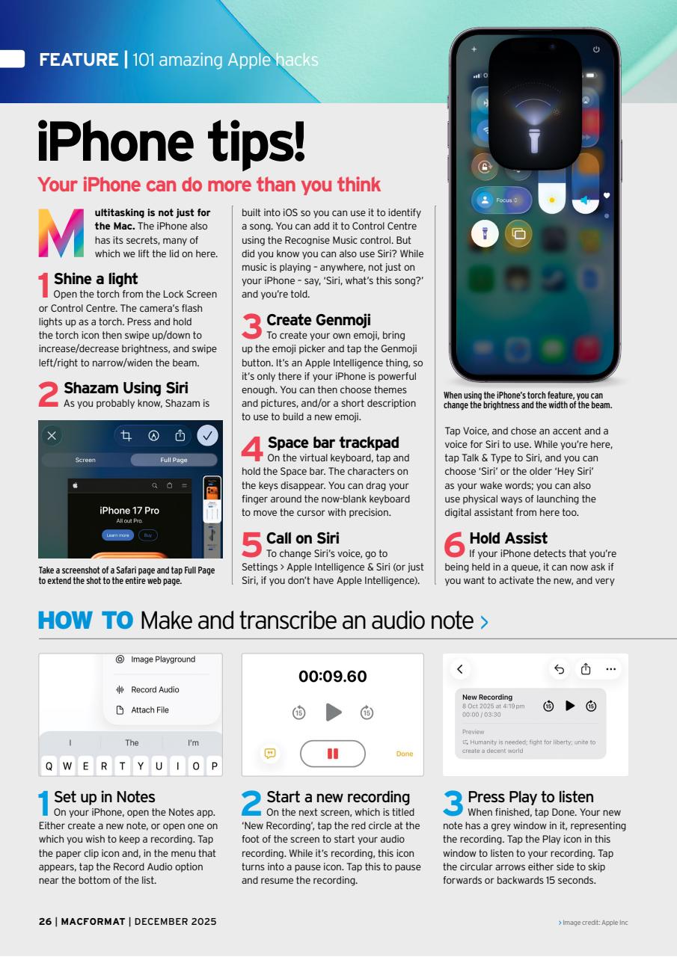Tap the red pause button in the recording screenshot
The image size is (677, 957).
point(332,754)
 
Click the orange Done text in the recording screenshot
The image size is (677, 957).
point(404,754)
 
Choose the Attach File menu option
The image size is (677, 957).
point(150,710)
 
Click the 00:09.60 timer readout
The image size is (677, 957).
point(332,677)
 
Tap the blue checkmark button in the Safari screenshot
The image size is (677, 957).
point(207,435)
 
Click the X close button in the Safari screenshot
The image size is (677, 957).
point(52,435)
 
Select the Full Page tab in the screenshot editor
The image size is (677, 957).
point(173,460)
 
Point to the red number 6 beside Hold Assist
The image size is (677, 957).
point(455,544)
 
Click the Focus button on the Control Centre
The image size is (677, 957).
point(501,200)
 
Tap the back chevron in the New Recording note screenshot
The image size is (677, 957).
point(460,669)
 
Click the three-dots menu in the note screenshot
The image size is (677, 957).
point(611,669)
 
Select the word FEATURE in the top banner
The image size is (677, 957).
point(79,60)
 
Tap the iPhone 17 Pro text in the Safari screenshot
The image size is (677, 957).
point(129,511)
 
